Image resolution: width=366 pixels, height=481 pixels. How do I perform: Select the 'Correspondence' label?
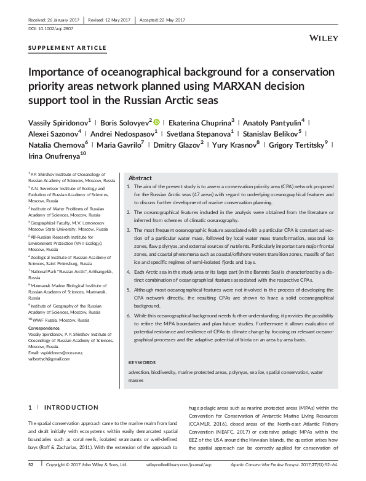click(44, 329)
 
